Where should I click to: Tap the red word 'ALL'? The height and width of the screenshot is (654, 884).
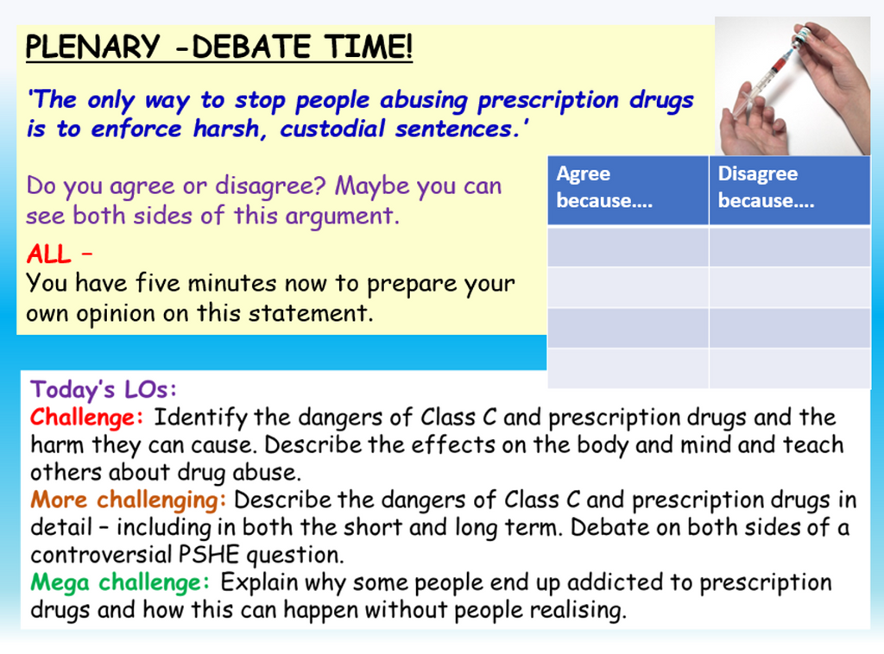click(x=50, y=255)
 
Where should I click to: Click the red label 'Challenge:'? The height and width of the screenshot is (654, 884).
click(x=86, y=418)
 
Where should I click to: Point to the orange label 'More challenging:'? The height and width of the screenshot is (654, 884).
click(x=129, y=500)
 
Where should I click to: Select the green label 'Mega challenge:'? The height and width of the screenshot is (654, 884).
click(x=120, y=582)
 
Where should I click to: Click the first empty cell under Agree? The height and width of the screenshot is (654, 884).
click(x=628, y=247)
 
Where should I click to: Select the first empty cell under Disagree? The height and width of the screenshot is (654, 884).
click(x=789, y=247)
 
